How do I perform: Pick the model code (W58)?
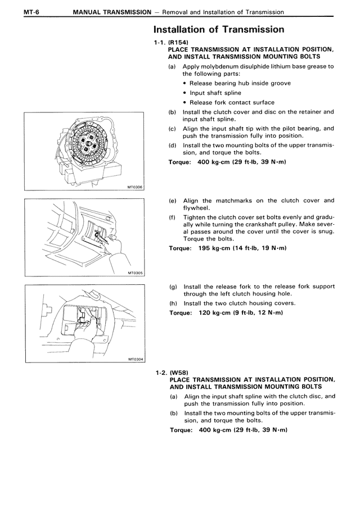pyautogui.click(x=177, y=373)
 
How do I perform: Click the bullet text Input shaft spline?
pyautogui.click(x=215, y=93)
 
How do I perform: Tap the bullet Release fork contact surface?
pyautogui.click(x=232, y=102)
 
